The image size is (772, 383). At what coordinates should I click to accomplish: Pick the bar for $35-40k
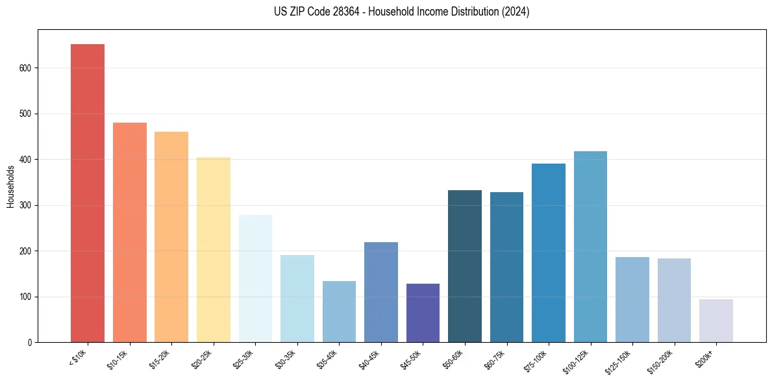[339, 312]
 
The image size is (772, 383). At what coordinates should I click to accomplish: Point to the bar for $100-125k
[590, 247]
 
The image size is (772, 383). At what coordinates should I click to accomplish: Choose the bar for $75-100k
[549, 253]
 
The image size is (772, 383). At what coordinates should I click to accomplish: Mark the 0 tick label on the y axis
[30, 343]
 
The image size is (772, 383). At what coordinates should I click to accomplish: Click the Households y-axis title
[11, 186]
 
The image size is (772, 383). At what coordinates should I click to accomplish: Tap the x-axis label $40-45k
[370, 359]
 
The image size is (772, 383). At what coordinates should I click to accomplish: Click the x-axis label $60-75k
[495, 359]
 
